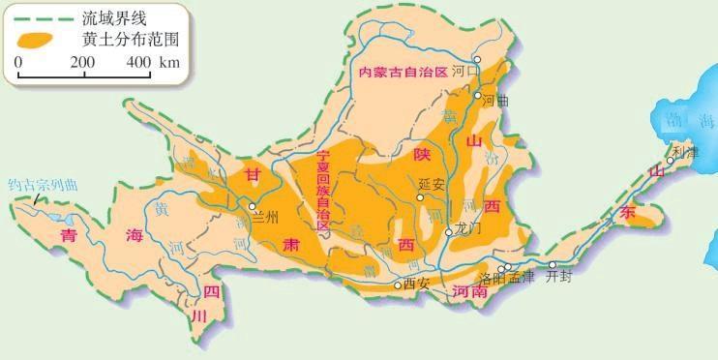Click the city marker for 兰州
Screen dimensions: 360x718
(252, 206)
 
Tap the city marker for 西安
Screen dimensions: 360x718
(397, 285)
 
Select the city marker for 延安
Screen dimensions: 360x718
(420, 197)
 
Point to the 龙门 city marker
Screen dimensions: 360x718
(448, 232)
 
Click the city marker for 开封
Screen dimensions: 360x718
(553, 264)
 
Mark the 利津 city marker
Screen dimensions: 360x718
(670, 161)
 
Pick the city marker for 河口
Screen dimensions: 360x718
(476, 59)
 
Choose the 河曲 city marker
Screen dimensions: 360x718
(478, 96)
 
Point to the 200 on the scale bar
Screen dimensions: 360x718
(82, 62)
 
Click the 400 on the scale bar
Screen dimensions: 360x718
(138, 62)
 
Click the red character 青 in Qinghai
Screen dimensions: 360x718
(68, 235)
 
